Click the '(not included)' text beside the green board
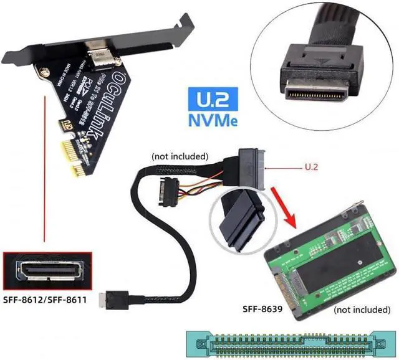360,310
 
